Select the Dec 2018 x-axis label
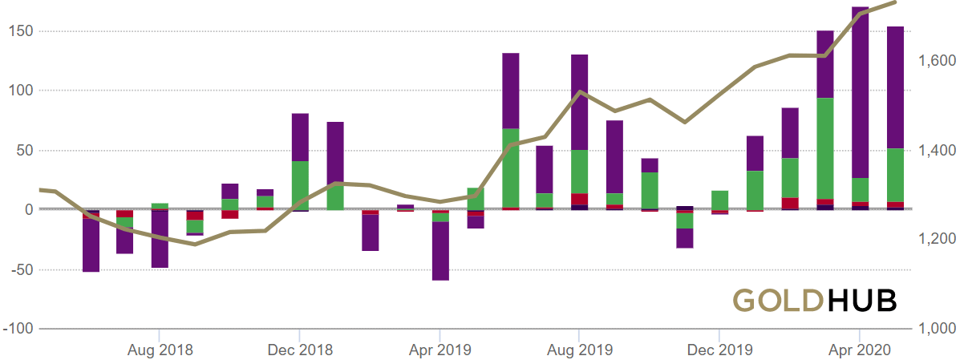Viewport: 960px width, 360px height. click(299, 350)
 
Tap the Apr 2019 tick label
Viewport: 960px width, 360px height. click(439, 350)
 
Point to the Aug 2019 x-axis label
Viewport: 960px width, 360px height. click(579, 350)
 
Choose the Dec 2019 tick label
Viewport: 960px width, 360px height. click(719, 350)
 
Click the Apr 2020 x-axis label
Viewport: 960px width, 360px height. click(859, 350)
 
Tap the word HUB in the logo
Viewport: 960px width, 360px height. click(861, 300)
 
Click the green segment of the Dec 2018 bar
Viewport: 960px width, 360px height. click(300, 185)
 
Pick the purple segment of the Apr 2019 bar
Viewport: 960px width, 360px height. click(440, 251)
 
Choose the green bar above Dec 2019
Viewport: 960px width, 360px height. click(719, 200)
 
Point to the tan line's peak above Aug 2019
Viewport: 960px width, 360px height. click(579, 91)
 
